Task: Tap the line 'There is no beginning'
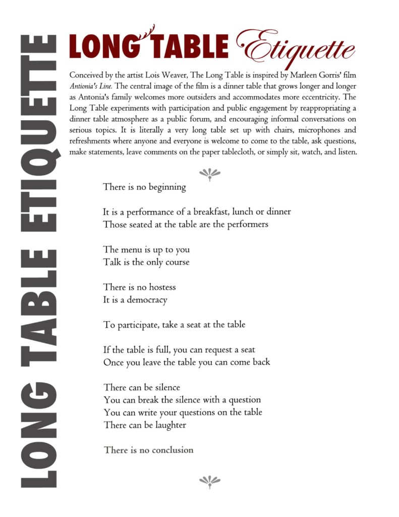(144, 187)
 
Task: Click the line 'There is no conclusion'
(148, 450)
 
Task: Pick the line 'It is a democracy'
(135, 300)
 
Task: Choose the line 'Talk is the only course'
(146, 263)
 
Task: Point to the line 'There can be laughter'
(144, 425)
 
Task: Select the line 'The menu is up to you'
(146, 250)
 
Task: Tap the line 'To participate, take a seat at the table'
(174, 325)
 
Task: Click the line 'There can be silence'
(141, 388)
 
